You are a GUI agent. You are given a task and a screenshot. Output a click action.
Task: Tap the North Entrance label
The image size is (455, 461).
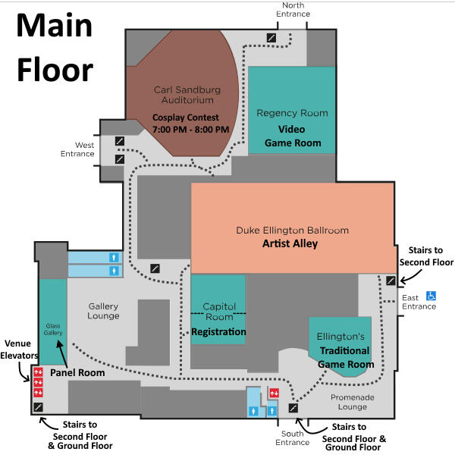pos(293,9)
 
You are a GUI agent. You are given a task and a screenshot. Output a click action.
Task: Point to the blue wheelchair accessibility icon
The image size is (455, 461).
pos(430,296)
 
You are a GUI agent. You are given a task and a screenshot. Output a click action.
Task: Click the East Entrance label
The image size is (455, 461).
pos(419,302)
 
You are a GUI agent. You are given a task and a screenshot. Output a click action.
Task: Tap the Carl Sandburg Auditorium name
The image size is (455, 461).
pos(187,95)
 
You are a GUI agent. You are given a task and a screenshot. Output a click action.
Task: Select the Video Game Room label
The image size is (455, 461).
pos(293,136)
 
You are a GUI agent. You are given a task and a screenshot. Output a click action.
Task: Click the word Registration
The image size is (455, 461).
pos(218,332)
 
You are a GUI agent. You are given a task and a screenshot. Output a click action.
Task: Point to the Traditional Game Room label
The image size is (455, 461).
pos(345,357)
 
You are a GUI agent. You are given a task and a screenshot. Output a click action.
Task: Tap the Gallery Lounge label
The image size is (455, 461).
pos(103,311)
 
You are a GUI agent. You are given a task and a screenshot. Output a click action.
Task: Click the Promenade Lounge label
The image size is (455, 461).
pos(350,401)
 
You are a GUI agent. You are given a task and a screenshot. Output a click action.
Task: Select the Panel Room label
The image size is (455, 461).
pos(77,373)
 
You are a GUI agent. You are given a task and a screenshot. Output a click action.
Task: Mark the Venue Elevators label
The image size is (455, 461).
pos(18,349)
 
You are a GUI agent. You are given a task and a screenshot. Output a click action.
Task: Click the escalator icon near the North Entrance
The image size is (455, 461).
pos(271,36)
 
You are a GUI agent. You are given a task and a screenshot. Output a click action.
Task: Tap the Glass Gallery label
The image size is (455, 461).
pos(52,327)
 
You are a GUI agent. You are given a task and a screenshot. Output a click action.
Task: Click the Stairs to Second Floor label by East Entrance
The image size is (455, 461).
pos(431,256)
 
